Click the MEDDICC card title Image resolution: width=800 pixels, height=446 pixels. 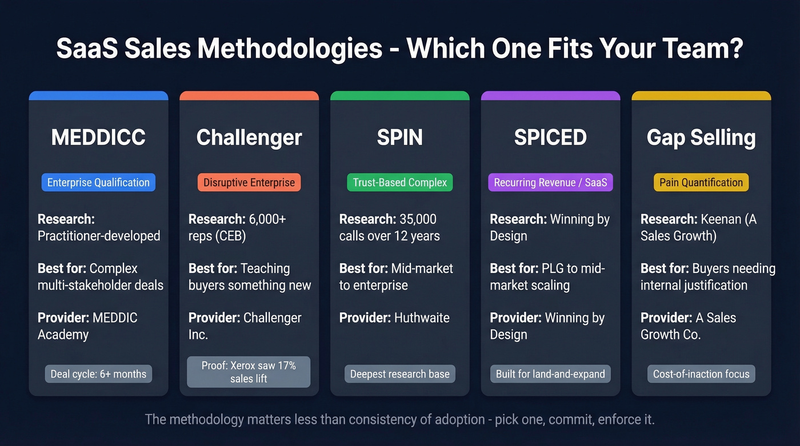[x=98, y=138]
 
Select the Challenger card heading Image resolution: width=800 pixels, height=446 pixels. [x=249, y=138]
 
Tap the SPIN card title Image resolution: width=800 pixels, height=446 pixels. [x=399, y=138]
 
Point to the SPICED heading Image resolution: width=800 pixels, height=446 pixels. [x=550, y=138]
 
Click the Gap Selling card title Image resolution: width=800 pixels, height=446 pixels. [x=701, y=138]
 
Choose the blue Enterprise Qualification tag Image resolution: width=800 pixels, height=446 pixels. [x=98, y=183]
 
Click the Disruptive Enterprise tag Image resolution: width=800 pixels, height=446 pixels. [x=249, y=183]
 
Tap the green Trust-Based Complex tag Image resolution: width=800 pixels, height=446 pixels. [x=399, y=183]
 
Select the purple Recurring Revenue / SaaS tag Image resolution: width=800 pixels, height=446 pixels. [x=550, y=183]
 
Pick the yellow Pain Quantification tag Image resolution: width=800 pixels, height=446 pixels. [x=701, y=183]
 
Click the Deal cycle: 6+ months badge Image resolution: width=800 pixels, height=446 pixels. [x=98, y=375]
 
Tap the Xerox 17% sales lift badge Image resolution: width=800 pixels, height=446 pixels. [x=249, y=372]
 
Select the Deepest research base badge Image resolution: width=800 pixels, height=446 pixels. [x=399, y=375]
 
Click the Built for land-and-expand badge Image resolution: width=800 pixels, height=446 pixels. [x=550, y=375]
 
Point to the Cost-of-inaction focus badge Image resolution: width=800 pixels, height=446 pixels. [x=701, y=375]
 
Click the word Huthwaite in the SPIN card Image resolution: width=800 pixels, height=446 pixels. [x=422, y=318]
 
